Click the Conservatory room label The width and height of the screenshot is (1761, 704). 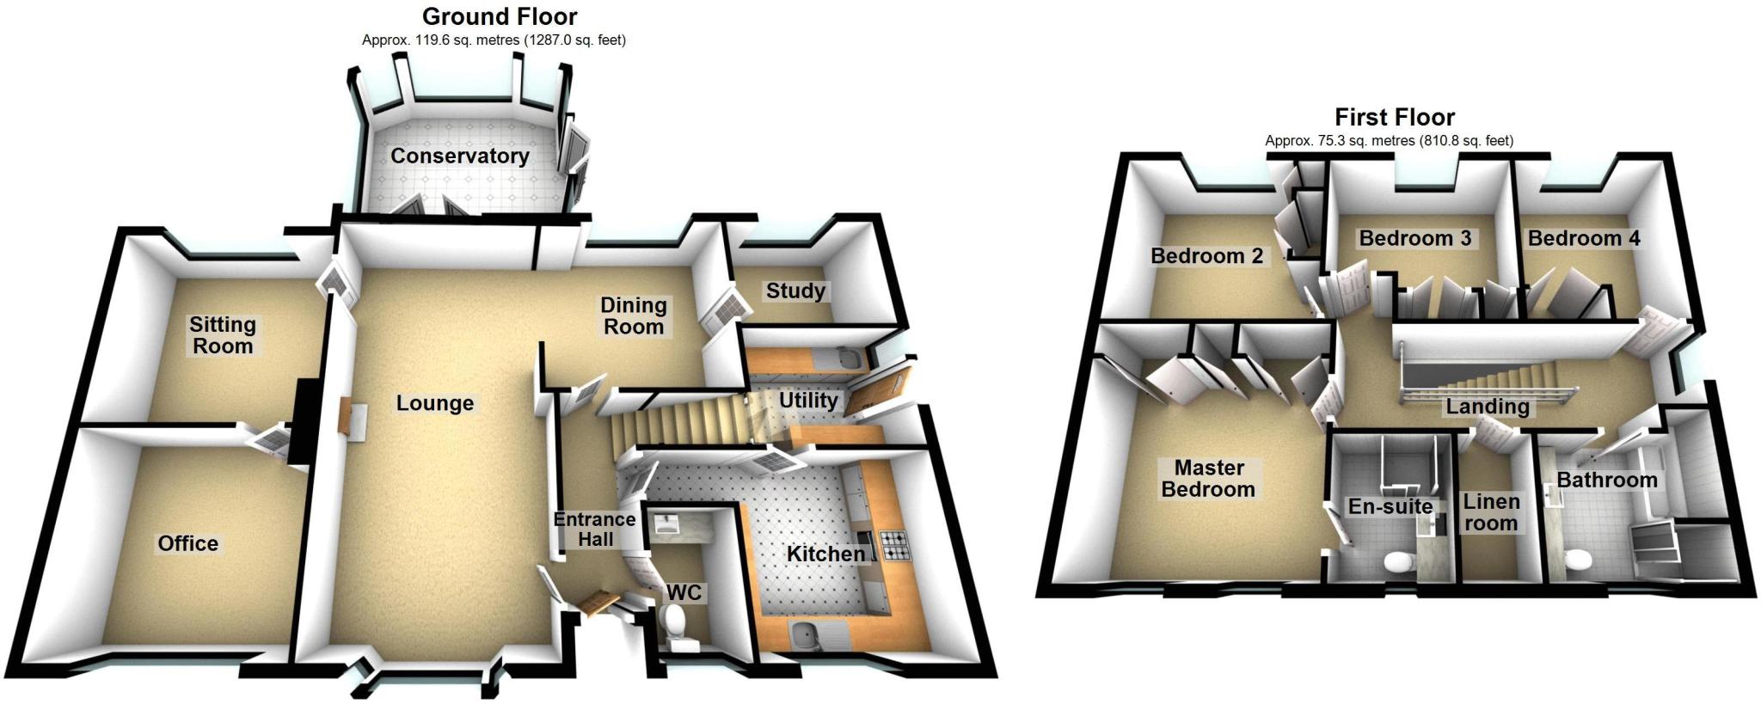(460, 156)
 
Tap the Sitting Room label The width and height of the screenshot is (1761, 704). (223, 335)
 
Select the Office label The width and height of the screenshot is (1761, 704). (187, 543)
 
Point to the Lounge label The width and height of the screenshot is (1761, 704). (434, 403)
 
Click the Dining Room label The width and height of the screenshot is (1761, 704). (634, 315)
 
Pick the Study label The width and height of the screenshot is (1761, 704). (795, 291)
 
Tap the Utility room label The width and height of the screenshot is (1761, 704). (807, 401)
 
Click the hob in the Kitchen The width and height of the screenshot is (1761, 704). (894, 545)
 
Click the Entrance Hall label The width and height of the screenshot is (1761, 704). (595, 530)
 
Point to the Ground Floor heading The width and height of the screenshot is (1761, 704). (500, 16)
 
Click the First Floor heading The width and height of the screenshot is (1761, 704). (1395, 117)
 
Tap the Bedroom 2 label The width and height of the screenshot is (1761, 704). (1206, 255)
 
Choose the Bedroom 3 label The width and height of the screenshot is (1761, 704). (1414, 238)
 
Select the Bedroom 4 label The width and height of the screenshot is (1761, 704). (1583, 238)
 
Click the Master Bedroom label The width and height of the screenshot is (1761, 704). (1208, 479)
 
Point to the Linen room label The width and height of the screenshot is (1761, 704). (1491, 512)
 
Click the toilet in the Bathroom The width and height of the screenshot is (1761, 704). (1578, 560)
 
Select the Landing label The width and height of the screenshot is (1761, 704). (1487, 407)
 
